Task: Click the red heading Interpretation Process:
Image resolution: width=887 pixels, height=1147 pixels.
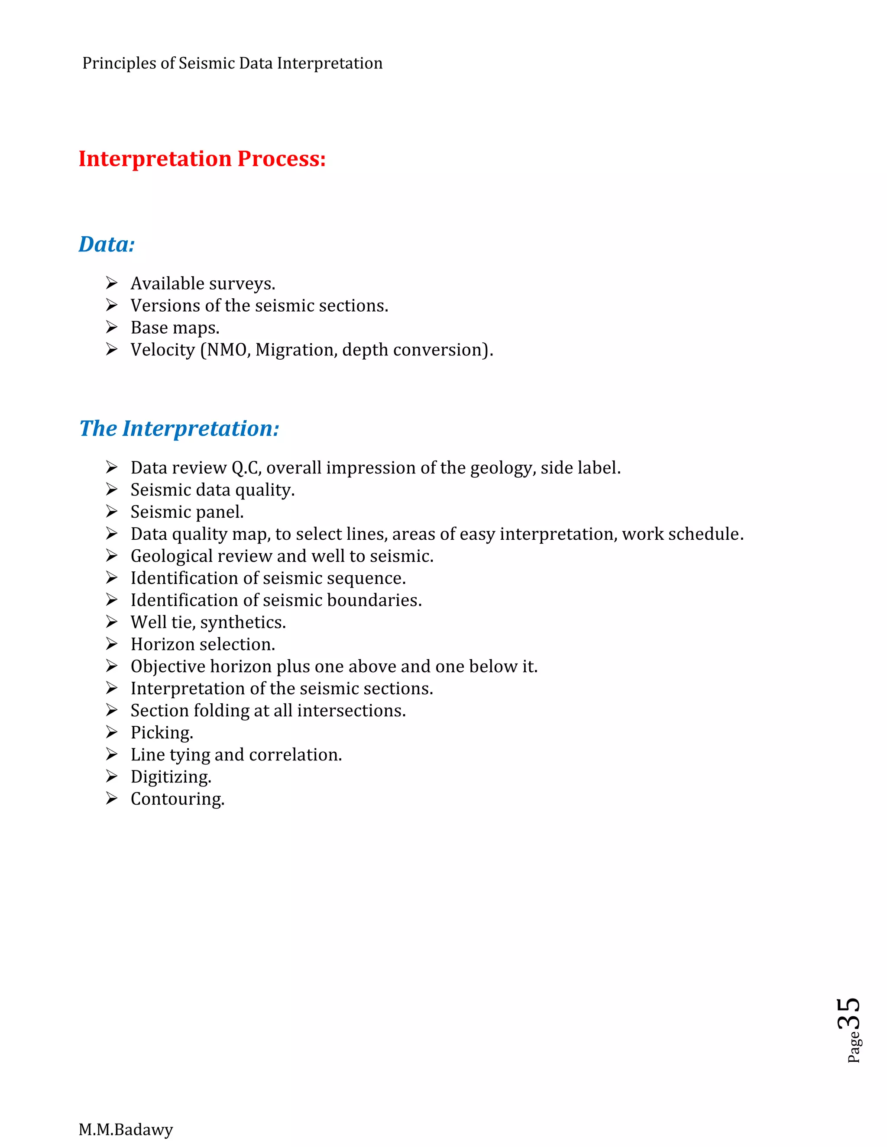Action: [202, 158]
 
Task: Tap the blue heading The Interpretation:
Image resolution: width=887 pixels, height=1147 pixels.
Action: [179, 428]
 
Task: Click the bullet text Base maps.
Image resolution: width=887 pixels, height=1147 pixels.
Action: [175, 328]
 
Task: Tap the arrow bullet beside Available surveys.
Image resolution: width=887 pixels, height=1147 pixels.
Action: [111, 283]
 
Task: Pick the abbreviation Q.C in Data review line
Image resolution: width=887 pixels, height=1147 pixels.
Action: [246, 467]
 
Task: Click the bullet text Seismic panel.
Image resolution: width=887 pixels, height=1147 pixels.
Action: [187, 512]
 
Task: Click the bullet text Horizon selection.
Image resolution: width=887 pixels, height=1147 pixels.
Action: [203, 644]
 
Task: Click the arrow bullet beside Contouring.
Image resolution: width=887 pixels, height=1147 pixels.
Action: [111, 798]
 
